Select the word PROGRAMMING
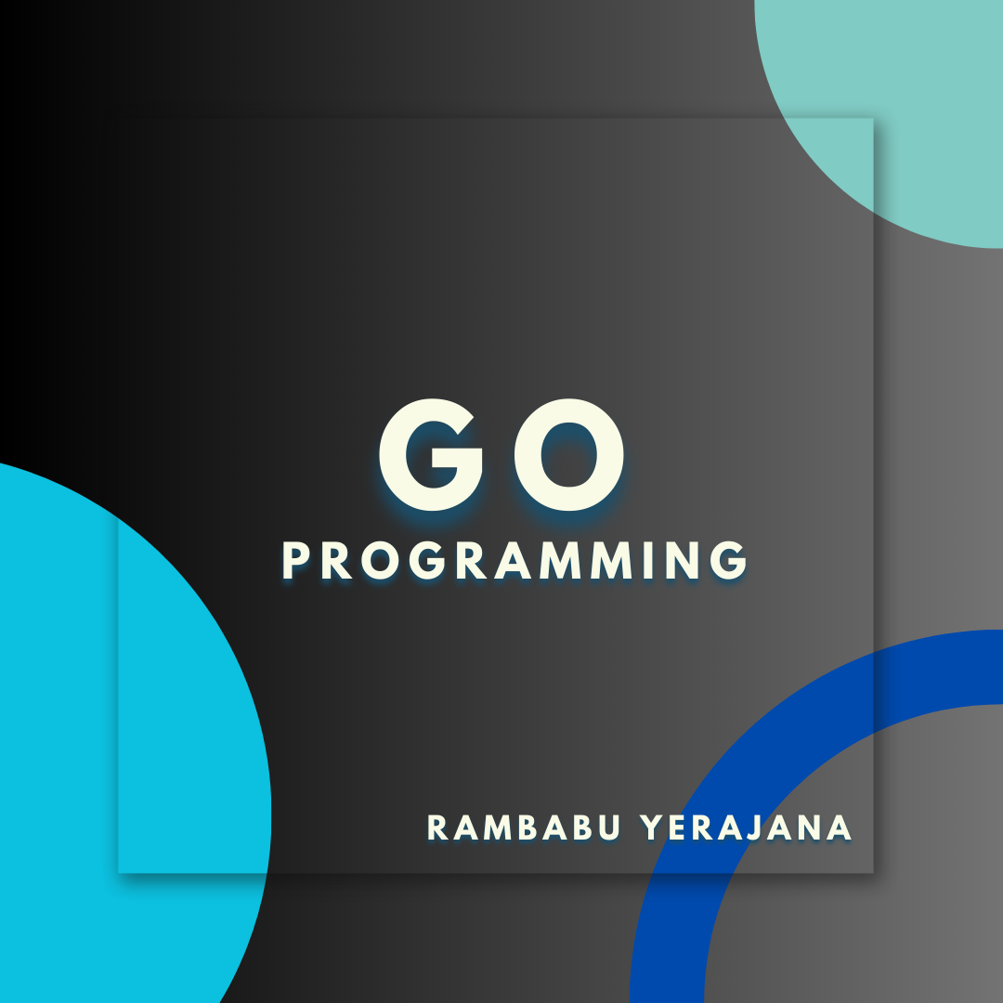pos(515,561)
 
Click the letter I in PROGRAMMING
pos(639,561)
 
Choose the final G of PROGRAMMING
pos(728,561)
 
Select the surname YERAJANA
pos(747,827)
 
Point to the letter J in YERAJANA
pos(773,827)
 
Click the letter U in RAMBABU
pos(609,827)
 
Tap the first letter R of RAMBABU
pos(438,827)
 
